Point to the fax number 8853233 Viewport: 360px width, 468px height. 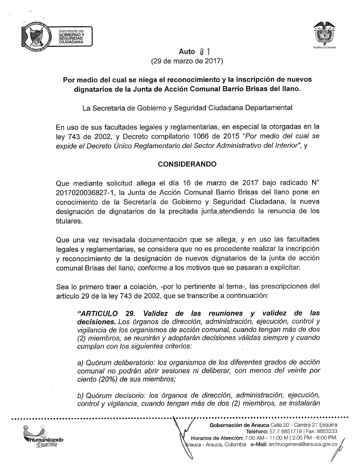pyautogui.click(x=326, y=431)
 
